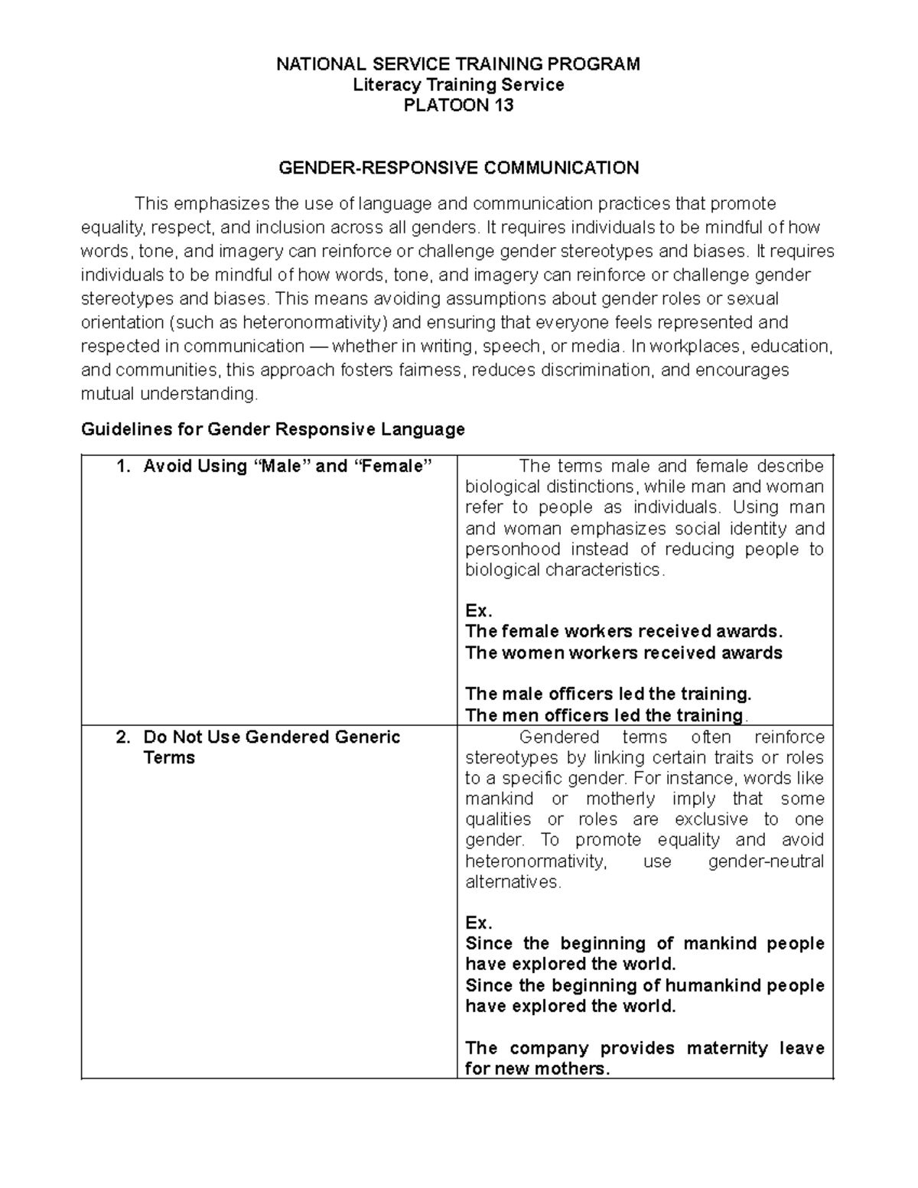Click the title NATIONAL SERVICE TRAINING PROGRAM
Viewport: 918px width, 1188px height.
coord(458,64)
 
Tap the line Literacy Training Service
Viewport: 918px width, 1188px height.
coord(458,85)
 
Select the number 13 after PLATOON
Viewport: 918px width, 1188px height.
coord(502,106)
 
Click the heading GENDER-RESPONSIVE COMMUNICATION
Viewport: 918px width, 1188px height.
coord(458,168)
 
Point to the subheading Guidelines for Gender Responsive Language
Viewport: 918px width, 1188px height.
coord(273,429)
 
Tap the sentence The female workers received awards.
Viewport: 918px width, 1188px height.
coord(624,631)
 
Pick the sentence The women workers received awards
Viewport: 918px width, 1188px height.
coord(623,653)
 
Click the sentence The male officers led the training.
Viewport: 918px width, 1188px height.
coord(608,694)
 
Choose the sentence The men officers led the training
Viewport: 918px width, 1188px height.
coord(604,715)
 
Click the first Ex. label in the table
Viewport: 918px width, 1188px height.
coord(478,610)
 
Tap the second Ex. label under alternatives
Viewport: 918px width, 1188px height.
coord(478,922)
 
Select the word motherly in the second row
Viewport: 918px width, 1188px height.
coord(620,799)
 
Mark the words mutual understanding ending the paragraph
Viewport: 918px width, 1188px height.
coord(169,394)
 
